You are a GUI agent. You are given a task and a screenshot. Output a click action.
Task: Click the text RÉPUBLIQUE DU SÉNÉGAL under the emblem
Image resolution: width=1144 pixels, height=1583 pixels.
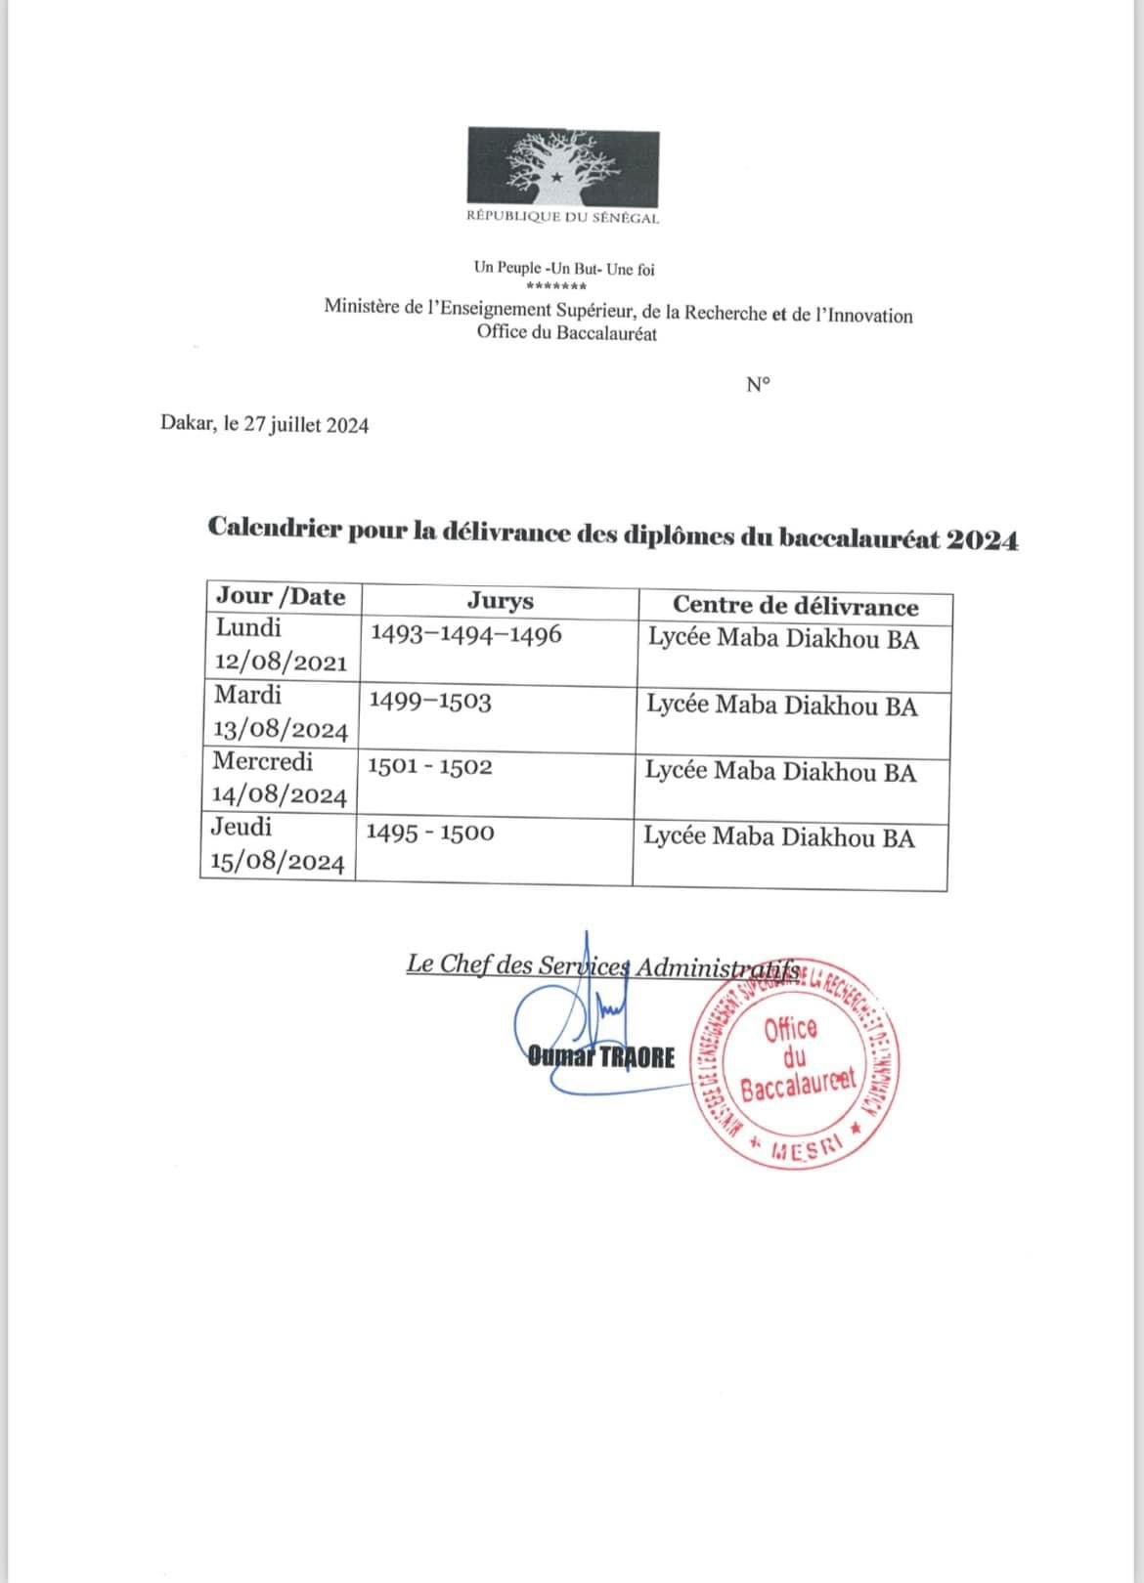point(562,218)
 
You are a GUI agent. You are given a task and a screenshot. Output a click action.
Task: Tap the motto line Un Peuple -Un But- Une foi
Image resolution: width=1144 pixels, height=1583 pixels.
point(564,269)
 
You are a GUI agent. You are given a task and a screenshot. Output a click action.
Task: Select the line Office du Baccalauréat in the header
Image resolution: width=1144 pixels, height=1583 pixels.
point(567,334)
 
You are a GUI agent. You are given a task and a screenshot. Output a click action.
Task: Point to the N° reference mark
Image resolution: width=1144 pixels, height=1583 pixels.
point(758,385)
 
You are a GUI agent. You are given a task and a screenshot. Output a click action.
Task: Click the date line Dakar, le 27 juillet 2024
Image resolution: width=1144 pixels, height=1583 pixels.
point(265,425)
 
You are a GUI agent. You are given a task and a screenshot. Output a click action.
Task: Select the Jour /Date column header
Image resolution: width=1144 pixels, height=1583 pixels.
point(281,596)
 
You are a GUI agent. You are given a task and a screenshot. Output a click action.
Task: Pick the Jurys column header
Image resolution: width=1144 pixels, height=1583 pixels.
point(501,601)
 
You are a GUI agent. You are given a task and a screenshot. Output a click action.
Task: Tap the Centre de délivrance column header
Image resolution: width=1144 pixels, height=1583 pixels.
point(795,606)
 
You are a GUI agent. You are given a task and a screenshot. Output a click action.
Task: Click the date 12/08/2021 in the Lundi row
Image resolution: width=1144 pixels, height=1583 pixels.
point(281,663)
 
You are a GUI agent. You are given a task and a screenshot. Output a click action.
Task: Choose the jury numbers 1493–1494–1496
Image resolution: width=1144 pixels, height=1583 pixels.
point(466,634)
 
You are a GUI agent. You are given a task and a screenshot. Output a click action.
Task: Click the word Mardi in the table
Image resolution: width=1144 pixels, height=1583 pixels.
point(247,695)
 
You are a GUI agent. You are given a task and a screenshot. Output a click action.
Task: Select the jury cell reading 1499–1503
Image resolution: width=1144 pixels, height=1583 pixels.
point(429,701)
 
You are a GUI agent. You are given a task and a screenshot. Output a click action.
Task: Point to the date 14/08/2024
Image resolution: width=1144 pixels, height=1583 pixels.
point(280,796)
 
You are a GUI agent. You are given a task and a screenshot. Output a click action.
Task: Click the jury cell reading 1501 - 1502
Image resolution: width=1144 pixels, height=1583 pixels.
point(429,767)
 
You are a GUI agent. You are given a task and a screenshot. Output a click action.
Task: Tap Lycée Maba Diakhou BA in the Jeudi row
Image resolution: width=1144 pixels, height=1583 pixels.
point(779,837)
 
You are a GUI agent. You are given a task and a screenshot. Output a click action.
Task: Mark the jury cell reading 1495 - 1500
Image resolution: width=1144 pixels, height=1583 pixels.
point(430,833)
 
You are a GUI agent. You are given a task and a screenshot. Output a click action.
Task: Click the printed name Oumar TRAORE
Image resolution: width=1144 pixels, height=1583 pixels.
point(601,1056)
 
